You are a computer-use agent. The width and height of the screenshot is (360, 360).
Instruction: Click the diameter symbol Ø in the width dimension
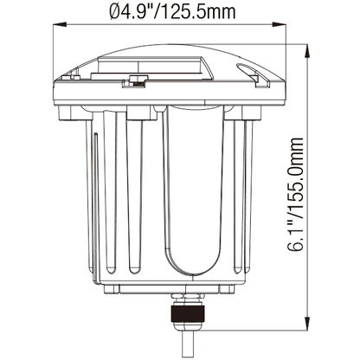click(115, 10)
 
